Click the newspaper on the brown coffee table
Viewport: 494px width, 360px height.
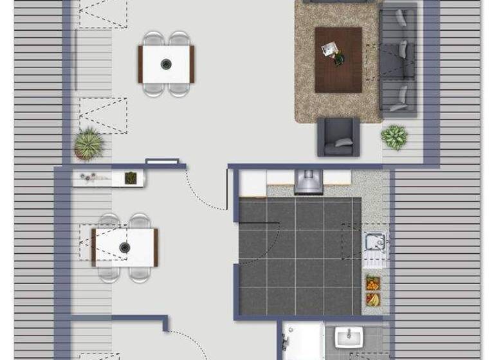tap(330, 49)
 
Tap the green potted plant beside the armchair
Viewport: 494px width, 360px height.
tap(394, 136)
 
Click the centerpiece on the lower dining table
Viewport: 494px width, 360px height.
tap(125, 246)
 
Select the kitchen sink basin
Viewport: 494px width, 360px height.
tap(374, 242)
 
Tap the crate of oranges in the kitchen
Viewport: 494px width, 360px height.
tap(372, 283)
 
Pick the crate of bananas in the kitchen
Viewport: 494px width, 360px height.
tap(372, 299)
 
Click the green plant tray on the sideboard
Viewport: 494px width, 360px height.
tap(131, 177)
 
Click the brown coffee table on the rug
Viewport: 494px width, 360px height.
tap(338, 60)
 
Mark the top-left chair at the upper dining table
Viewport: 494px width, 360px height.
tap(154, 39)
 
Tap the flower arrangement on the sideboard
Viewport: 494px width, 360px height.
tap(94, 177)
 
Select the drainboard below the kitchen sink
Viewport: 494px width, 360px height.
tap(373, 260)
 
